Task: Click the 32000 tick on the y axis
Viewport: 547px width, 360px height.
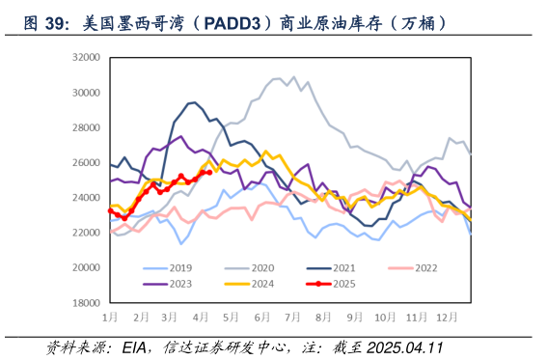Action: point(87,58)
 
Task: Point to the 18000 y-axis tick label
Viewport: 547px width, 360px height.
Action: point(87,302)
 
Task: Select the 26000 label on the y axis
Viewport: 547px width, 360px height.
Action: point(87,162)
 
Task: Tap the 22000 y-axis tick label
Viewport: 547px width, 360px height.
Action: point(87,233)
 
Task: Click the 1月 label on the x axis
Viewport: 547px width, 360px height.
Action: point(112,317)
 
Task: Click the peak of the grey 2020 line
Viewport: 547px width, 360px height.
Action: point(294,76)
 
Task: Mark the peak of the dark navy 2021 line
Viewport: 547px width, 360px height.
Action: point(193,102)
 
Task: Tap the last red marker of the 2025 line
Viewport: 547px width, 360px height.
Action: point(209,172)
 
